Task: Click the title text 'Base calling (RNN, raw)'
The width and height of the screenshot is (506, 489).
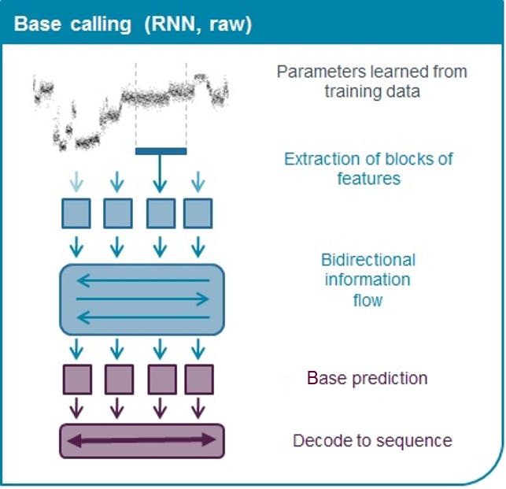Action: click(133, 24)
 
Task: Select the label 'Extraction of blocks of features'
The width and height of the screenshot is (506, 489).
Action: click(368, 169)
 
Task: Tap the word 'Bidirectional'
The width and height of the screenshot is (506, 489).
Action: click(367, 260)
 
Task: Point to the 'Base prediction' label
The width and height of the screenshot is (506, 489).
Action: click(367, 378)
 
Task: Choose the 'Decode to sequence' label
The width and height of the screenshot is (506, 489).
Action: click(372, 440)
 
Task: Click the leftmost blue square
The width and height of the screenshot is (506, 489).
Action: click(76, 213)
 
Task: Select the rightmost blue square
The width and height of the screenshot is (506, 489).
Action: click(198, 213)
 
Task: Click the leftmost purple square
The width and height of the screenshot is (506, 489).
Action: click(76, 379)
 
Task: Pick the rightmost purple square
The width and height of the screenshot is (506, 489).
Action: click(198, 379)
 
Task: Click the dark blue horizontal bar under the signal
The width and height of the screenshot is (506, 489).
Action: click(161, 151)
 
